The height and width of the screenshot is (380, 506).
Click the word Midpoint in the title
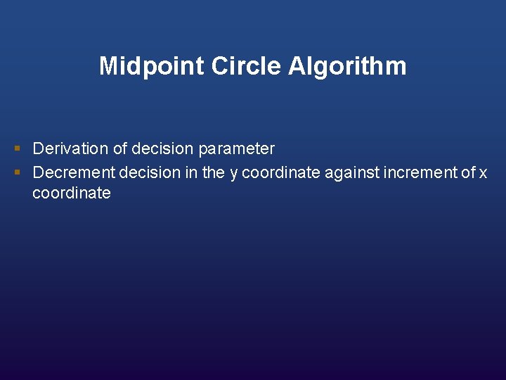pyautogui.click(x=143, y=66)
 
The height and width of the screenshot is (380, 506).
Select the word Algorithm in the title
pyautogui.click(x=347, y=66)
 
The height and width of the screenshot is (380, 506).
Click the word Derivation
pyautogui.click(x=68, y=149)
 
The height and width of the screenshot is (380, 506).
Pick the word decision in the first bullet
pyautogui.click(x=163, y=149)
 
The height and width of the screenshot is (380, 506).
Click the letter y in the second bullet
pyautogui.click(x=234, y=173)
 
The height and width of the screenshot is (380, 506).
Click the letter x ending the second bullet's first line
pyautogui.click(x=483, y=173)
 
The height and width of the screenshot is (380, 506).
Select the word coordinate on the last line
pyautogui.click(x=72, y=194)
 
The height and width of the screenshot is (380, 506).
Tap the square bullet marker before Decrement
pyautogui.click(x=17, y=172)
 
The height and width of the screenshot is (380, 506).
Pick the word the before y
pyautogui.click(x=213, y=172)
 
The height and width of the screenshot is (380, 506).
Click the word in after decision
pyautogui.click(x=192, y=172)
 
